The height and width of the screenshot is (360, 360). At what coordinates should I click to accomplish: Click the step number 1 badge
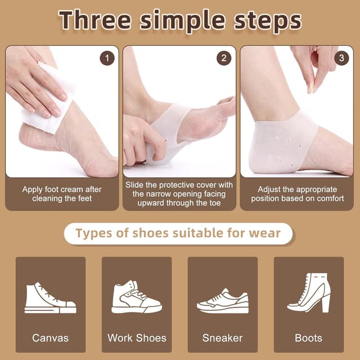click(x=107, y=58)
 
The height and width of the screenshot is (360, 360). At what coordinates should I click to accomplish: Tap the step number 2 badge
click(x=224, y=58)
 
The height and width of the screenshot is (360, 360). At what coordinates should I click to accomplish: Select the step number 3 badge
click(x=341, y=58)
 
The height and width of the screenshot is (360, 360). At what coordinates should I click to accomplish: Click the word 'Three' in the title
click(x=96, y=21)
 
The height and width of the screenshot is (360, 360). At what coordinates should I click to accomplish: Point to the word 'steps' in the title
click(x=265, y=21)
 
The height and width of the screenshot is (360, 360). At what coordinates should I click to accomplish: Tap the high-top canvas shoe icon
click(x=50, y=298)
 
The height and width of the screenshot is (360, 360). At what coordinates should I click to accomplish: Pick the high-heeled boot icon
click(x=309, y=292)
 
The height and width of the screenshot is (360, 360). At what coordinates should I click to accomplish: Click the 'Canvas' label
click(x=50, y=338)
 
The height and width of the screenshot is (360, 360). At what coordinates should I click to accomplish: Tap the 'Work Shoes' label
click(x=137, y=338)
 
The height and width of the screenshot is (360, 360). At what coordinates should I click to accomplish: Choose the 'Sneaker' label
click(x=223, y=338)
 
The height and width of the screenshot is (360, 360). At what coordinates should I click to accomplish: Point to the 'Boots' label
click(x=309, y=338)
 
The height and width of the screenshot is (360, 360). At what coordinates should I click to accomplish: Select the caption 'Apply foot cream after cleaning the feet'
click(x=62, y=194)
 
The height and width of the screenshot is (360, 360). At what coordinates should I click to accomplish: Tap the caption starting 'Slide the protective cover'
click(x=179, y=194)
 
